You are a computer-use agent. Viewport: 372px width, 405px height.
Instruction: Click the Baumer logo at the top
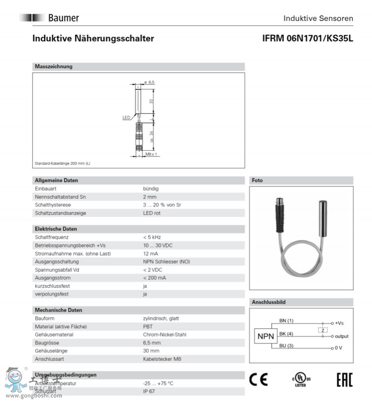pyautogui.click(x=50, y=18)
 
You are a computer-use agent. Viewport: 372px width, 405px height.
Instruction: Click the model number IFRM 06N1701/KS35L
pyautogui.click(x=307, y=39)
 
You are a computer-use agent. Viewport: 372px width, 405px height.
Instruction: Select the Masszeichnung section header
pyautogui.click(x=54, y=67)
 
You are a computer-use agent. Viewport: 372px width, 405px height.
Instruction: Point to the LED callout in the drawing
pyautogui.click(x=126, y=117)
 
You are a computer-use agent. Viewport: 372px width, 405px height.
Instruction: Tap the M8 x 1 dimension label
pyautogui.click(x=151, y=154)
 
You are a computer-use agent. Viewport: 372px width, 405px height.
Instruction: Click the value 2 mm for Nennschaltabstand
pyautogui.click(x=150, y=197)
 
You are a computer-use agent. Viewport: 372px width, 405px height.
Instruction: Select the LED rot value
pyautogui.click(x=151, y=213)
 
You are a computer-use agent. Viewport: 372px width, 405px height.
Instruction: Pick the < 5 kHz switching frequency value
pyautogui.click(x=152, y=237)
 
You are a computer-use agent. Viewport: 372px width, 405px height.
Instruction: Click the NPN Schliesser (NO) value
pyautogui.click(x=166, y=262)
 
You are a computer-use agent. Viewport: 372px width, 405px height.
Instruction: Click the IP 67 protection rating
pyautogui.click(x=149, y=391)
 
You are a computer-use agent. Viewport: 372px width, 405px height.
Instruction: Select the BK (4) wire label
pyautogui.click(x=286, y=334)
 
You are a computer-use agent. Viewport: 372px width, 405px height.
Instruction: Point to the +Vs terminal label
pyautogui.click(x=339, y=323)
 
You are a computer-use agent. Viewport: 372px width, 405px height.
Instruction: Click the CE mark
pyautogui.click(x=259, y=380)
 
